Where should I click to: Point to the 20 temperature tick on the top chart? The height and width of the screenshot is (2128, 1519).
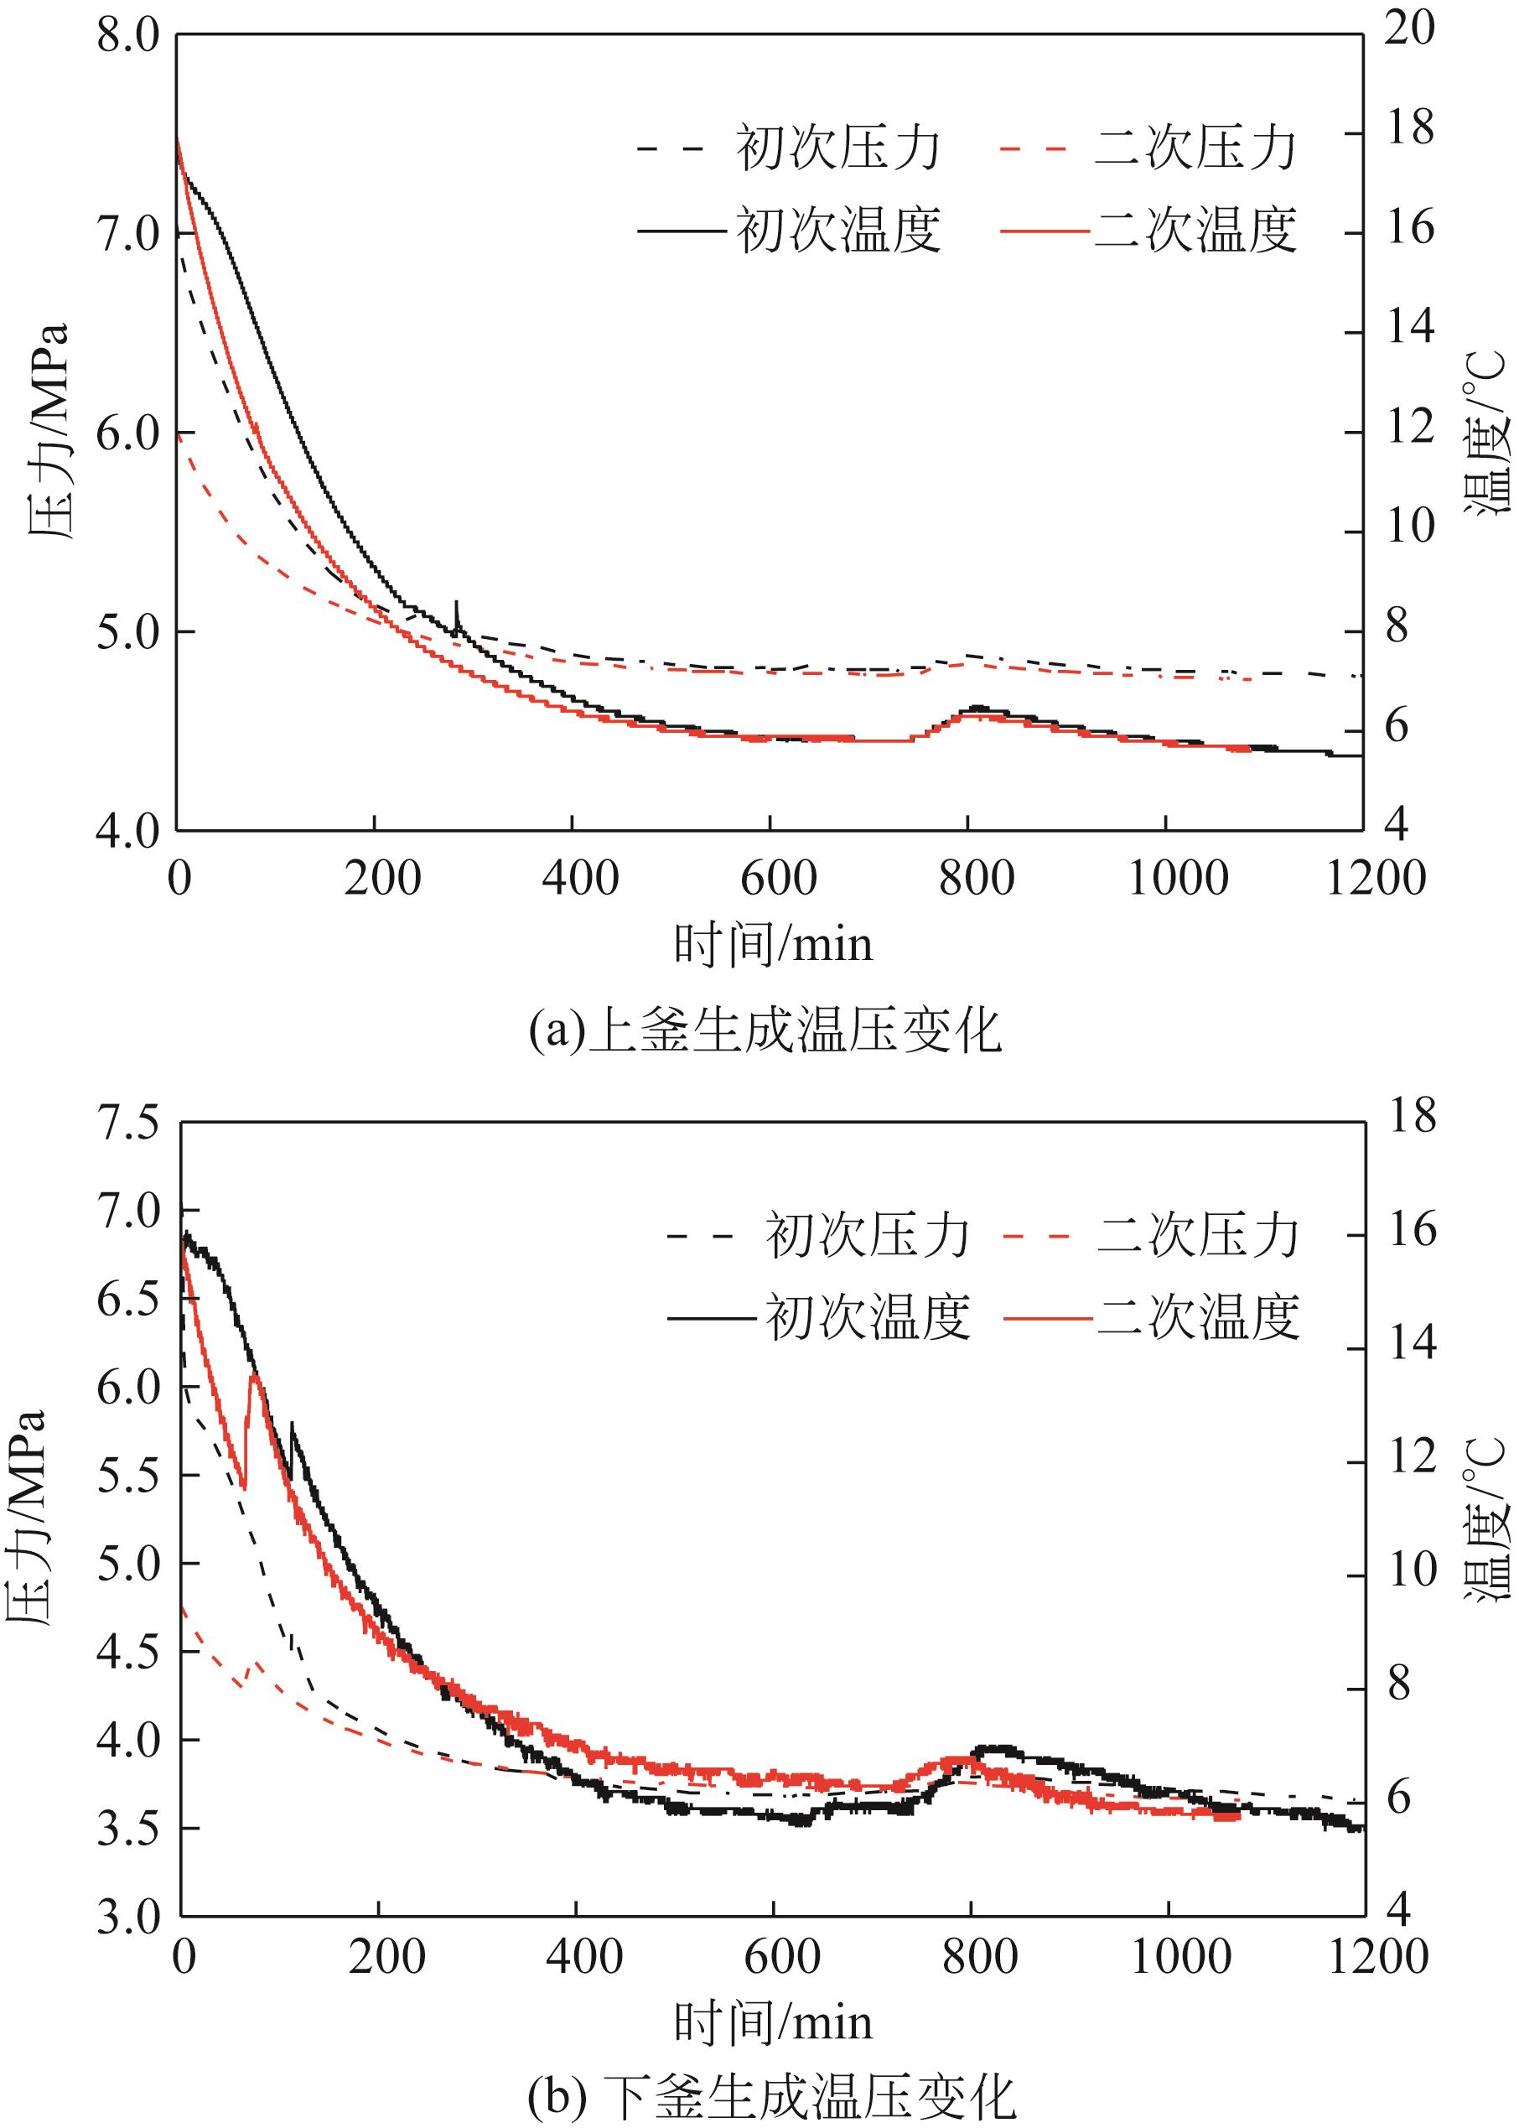(x=1409, y=30)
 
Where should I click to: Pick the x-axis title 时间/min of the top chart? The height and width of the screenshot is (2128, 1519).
(x=773, y=945)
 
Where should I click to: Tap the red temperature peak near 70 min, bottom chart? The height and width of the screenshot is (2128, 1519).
(x=253, y=1376)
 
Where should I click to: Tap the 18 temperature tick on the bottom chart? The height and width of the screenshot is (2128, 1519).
(x=1412, y=1116)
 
